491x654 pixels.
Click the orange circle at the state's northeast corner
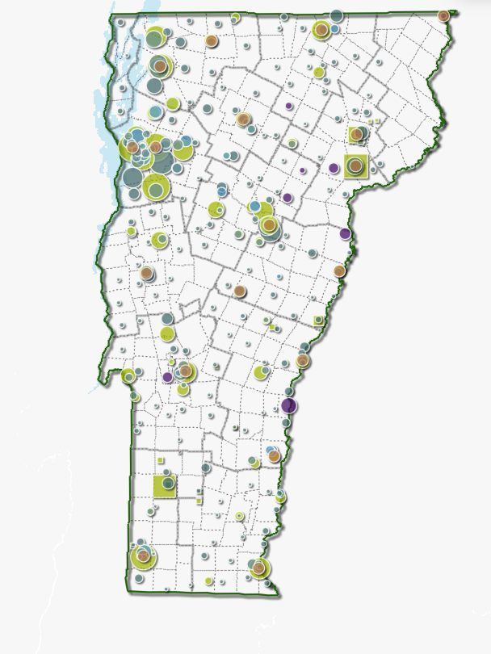coord(443,15)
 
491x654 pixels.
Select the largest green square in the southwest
coord(165,484)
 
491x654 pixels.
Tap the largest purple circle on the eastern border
coord(288,405)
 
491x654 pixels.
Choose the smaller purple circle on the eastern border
coord(346,234)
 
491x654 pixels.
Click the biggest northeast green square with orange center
coord(355,166)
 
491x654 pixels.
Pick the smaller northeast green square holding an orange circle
coord(356,135)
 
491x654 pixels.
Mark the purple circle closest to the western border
coord(168,376)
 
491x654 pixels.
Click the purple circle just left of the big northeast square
coord(334,168)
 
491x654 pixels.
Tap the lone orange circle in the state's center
coord(240,290)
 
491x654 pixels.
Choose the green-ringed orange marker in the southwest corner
coord(143,555)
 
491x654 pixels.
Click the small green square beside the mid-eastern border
coord(318,320)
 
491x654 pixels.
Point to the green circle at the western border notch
coord(128,375)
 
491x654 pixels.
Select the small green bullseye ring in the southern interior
coord(239,516)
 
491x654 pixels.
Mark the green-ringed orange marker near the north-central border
coord(321,31)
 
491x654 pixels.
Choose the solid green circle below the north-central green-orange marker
coord(319,73)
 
